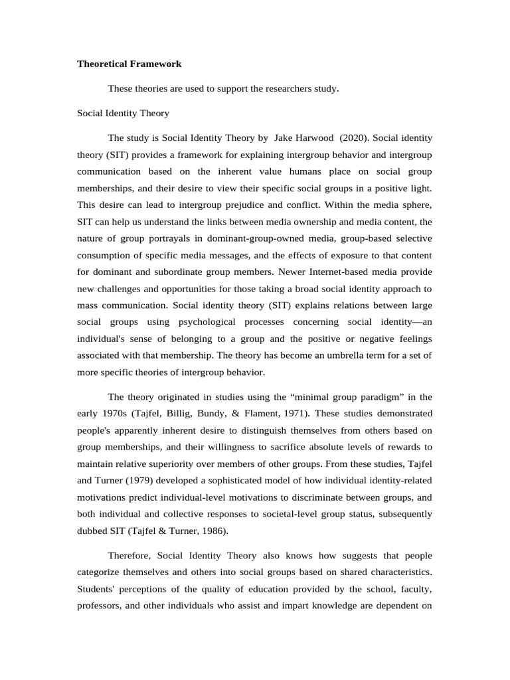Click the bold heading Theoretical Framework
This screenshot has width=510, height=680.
click(129, 64)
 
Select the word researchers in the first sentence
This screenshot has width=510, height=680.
click(272, 89)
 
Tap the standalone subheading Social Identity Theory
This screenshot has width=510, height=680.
click(123, 114)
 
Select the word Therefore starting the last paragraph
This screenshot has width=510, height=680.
click(130, 554)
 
